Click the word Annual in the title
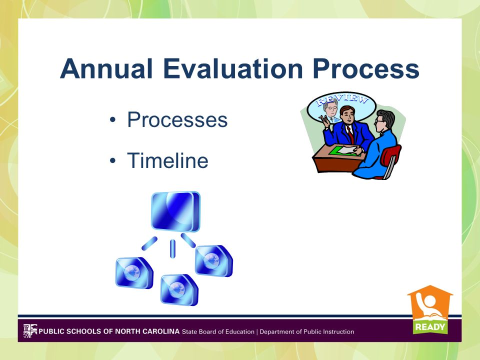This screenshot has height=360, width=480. tap(106, 68)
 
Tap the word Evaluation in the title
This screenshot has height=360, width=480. tap(233, 68)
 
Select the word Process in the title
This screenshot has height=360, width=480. tap(366, 68)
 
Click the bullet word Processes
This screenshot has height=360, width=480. tap(177, 119)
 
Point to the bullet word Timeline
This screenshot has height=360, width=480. tap(168, 160)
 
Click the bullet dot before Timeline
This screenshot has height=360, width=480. tap(112, 160)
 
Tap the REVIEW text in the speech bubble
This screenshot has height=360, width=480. tap(342, 99)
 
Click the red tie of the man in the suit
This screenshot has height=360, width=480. tap(350, 134)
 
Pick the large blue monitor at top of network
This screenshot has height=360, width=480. tap(175, 211)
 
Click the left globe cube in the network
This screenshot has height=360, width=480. tap(134, 273)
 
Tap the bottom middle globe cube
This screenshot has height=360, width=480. tap(179, 289)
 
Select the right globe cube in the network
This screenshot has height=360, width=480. tap(214, 261)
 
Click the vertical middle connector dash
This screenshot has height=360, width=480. tap(172, 249)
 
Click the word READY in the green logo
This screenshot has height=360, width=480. tap(430, 327)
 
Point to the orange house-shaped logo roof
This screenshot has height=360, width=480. tap(430, 291)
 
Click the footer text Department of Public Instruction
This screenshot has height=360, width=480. tap(306, 331)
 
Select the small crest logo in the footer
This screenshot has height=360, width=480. tap(30, 331)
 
